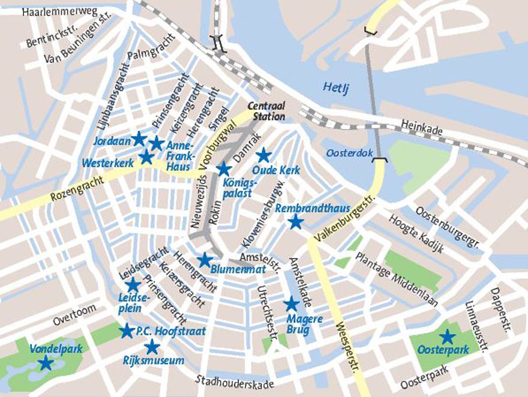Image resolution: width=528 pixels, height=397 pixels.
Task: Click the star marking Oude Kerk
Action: coord(263,155)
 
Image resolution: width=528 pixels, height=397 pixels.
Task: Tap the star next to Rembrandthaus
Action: coord(295,222)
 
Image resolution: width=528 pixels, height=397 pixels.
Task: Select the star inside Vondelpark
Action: coord(45,362)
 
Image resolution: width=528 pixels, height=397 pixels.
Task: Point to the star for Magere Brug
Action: coord(291,303)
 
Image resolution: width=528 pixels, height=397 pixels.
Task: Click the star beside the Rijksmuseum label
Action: coord(152,347)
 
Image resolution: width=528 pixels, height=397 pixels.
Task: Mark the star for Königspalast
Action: coord(223,169)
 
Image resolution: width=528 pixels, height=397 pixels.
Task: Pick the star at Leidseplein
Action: coord(133,284)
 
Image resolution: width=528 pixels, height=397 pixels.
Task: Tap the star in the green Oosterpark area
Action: coord(446,337)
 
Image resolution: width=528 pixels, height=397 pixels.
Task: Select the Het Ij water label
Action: coord(336,87)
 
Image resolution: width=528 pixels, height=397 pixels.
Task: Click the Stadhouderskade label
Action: coord(235,381)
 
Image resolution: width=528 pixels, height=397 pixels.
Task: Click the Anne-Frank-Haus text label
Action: coord(178,156)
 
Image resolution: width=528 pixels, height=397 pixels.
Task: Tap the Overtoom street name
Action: coord(74,315)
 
